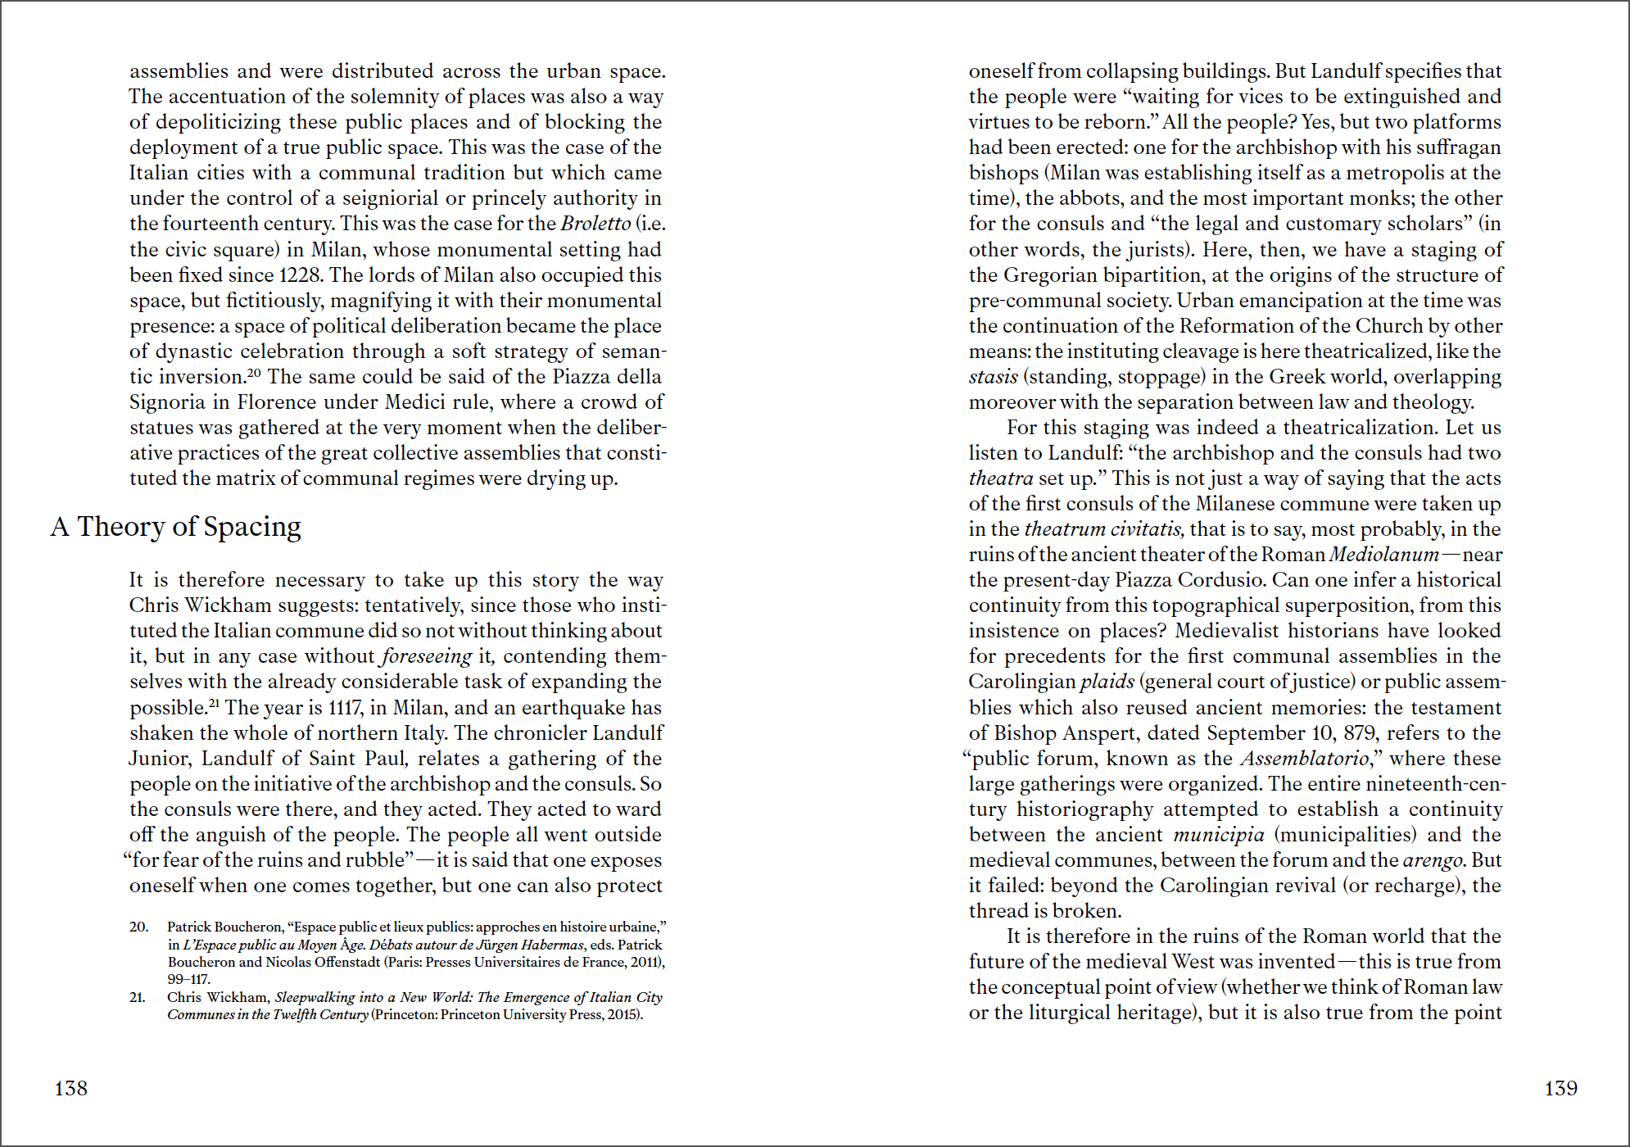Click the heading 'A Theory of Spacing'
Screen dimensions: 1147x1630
point(176,527)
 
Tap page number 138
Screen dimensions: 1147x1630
point(70,1088)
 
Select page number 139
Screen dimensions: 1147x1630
point(1560,1088)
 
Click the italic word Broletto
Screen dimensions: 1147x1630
point(595,224)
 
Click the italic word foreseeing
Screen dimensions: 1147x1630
point(427,656)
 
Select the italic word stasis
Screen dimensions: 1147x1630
point(993,377)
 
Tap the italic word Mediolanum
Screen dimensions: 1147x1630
point(1383,555)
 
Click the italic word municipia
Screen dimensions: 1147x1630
point(1218,835)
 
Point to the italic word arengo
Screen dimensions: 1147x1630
point(1433,860)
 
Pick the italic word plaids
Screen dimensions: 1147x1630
point(1107,682)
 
